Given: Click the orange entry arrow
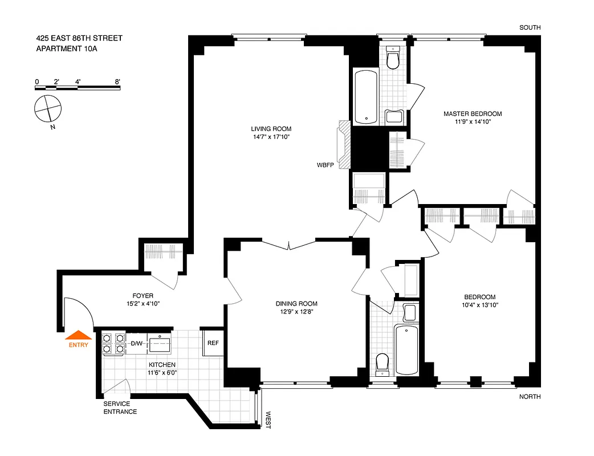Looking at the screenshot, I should (78, 335).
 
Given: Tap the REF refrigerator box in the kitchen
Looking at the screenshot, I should (213, 343).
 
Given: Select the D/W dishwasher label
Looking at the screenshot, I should (137, 343).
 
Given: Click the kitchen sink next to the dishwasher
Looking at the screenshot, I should (160, 344).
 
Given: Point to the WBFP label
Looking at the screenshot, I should (325, 165).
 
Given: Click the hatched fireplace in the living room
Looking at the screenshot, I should (344, 145).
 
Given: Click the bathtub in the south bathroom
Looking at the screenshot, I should (365, 96).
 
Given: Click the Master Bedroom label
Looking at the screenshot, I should (473, 113).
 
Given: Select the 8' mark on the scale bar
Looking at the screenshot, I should (118, 82).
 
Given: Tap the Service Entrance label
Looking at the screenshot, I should (120, 408).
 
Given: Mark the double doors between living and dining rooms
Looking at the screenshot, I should (289, 246).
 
